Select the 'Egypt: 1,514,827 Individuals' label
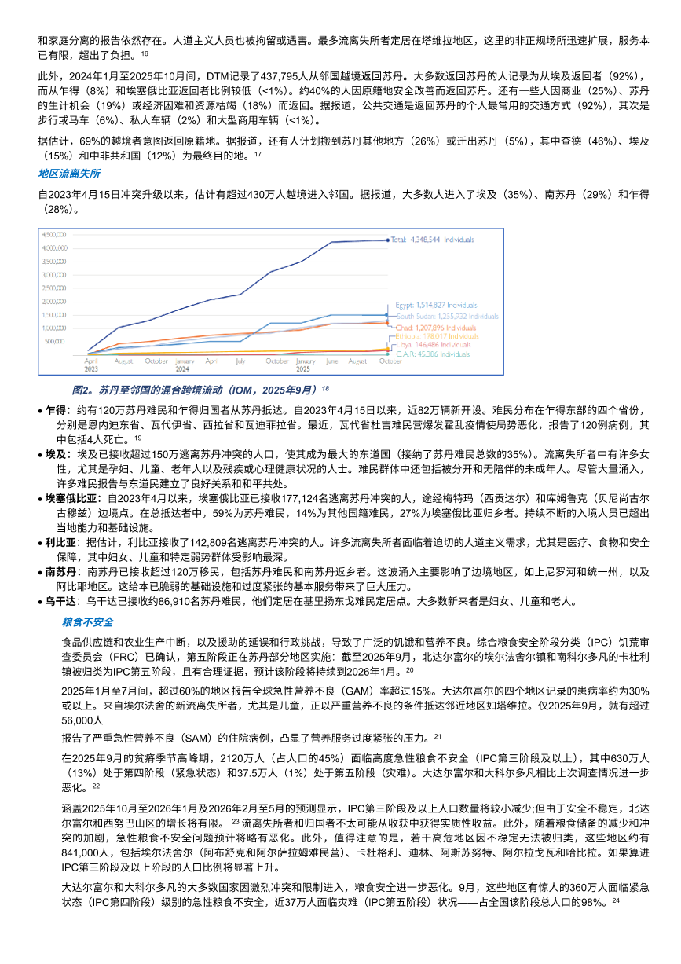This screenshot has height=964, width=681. coord(436,305)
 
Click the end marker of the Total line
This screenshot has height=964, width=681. coord(386,240)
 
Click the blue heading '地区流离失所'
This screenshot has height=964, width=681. coord(69,173)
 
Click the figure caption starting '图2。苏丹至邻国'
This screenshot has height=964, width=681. coord(200,389)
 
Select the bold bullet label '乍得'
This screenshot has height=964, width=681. coord(56,410)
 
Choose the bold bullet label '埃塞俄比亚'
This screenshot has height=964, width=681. coord(71,499)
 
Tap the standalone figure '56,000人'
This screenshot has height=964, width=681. coord(82,720)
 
